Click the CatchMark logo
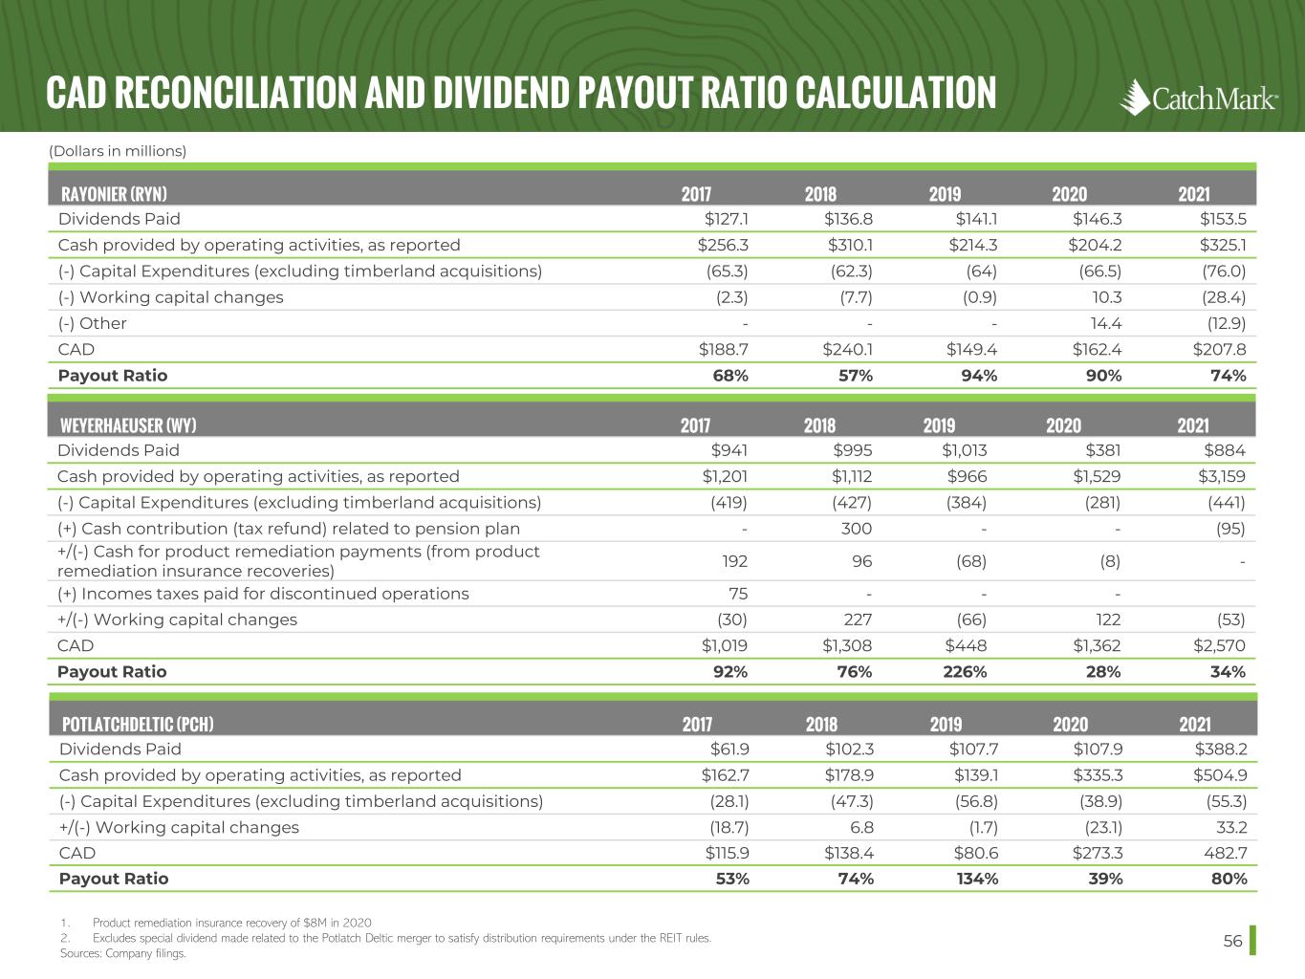[1199, 97]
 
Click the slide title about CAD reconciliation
[521, 93]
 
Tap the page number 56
[1232, 942]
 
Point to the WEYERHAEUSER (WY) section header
[128, 425]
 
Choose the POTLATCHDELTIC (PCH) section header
[137, 724]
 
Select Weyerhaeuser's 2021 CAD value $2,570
[1219, 646]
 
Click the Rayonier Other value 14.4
[1105, 323]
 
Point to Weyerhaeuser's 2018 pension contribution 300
[857, 529]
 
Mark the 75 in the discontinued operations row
[737, 594]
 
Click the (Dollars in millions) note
[117, 151]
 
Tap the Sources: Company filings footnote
[122, 953]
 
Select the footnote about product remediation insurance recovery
[226, 923]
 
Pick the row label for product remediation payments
[298, 561]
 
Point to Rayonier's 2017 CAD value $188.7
[724, 350]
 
